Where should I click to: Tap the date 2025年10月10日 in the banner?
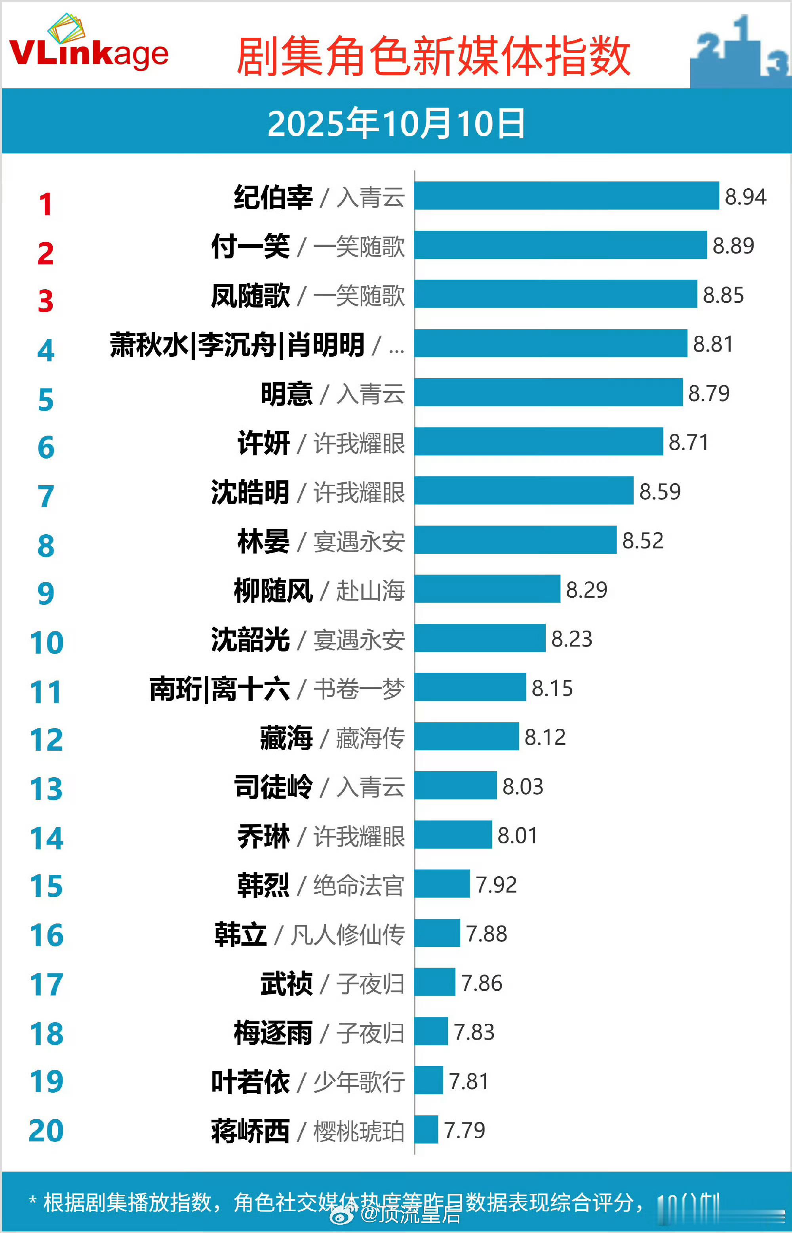pyautogui.click(x=396, y=124)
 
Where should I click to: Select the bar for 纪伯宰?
pyautogui.click(x=566, y=195)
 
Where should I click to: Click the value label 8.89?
pyautogui.click(x=733, y=245)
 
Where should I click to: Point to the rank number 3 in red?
pyautogui.click(x=46, y=301)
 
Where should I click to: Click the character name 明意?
pyautogui.click(x=286, y=394)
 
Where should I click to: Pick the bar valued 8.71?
pyautogui.click(x=539, y=441)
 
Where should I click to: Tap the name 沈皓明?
pyautogui.click(x=250, y=492)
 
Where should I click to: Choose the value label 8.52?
pyautogui.click(x=643, y=540)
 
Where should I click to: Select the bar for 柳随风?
pyautogui.click(x=487, y=589)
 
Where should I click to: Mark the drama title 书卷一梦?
pyautogui.click(x=359, y=688)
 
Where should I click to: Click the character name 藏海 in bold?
pyautogui.click(x=286, y=738)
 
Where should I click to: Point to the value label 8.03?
pyautogui.click(x=522, y=786)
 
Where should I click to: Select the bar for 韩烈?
pyautogui.click(x=442, y=883)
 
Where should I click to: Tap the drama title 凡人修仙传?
pyautogui.click(x=348, y=935)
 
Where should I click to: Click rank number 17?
pyautogui.click(x=46, y=984)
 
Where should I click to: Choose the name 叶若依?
pyautogui.click(x=250, y=1081)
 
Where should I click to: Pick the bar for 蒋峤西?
pyautogui.click(x=426, y=1130)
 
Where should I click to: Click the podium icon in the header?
pyautogui.click(x=741, y=52)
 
